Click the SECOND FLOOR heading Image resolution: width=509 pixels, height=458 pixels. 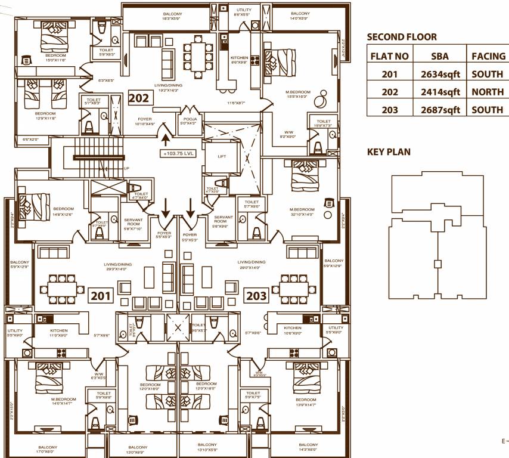(x=401, y=37)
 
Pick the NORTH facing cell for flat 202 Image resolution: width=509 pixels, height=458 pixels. (x=487, y=92)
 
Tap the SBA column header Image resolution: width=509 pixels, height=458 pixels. (x=440, y=57)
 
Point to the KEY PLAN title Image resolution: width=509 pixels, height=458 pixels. (x=388, y=152)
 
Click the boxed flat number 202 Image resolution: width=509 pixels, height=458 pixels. (x=138, y=97)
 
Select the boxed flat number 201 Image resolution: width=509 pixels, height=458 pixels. (x=100, y=295)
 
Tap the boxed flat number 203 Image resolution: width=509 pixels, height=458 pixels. (x=256, y=295)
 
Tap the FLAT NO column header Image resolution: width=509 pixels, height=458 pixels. (x=390, y=57)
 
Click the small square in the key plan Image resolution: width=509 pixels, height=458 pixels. (x=438, y=264)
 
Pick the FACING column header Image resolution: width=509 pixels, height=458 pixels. (x=488, y=57)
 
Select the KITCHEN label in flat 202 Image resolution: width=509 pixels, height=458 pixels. (x=239, y=57)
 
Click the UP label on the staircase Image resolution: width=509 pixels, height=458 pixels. (x=126, y=169)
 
